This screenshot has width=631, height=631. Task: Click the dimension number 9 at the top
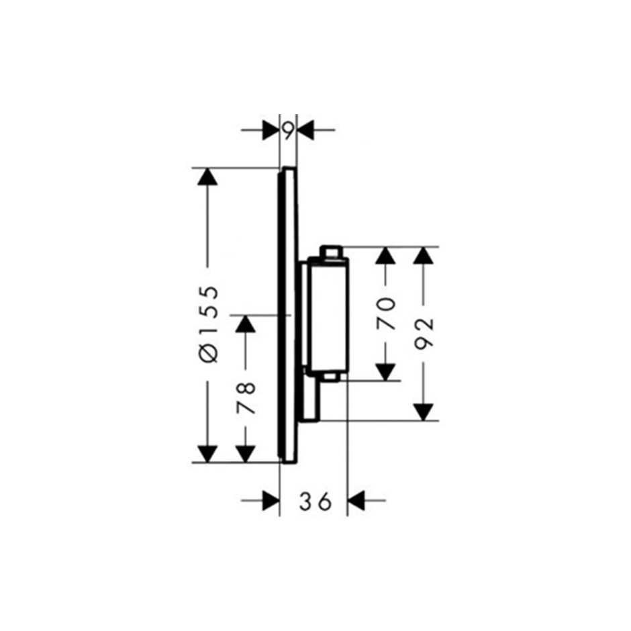pos(288,130)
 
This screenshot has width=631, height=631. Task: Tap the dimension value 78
pos(246,398)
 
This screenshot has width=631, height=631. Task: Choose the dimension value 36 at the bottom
pos(315,501)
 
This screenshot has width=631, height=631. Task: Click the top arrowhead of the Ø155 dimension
pos(207,177)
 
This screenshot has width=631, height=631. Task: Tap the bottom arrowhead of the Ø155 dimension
pos(207,454)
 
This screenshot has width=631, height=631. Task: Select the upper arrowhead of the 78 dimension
pos(246,324)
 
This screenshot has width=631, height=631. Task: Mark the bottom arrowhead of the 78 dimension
pos(246,454)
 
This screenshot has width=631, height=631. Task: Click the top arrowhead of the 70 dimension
pos(385,255)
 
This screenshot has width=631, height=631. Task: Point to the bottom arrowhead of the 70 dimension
pos(385,372)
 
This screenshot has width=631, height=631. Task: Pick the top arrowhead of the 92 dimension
pos(424,255)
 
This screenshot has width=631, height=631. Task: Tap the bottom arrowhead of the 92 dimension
pos(424,412)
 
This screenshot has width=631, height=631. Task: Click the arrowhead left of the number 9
pos(271,130)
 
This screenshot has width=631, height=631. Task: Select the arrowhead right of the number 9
pos(305,130)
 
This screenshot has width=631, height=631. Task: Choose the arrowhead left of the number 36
pos(271,501)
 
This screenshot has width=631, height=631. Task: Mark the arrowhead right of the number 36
pos(356,501)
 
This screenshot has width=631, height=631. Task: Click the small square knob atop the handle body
pos(330,252)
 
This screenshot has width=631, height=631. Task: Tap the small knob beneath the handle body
pos(332,377)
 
